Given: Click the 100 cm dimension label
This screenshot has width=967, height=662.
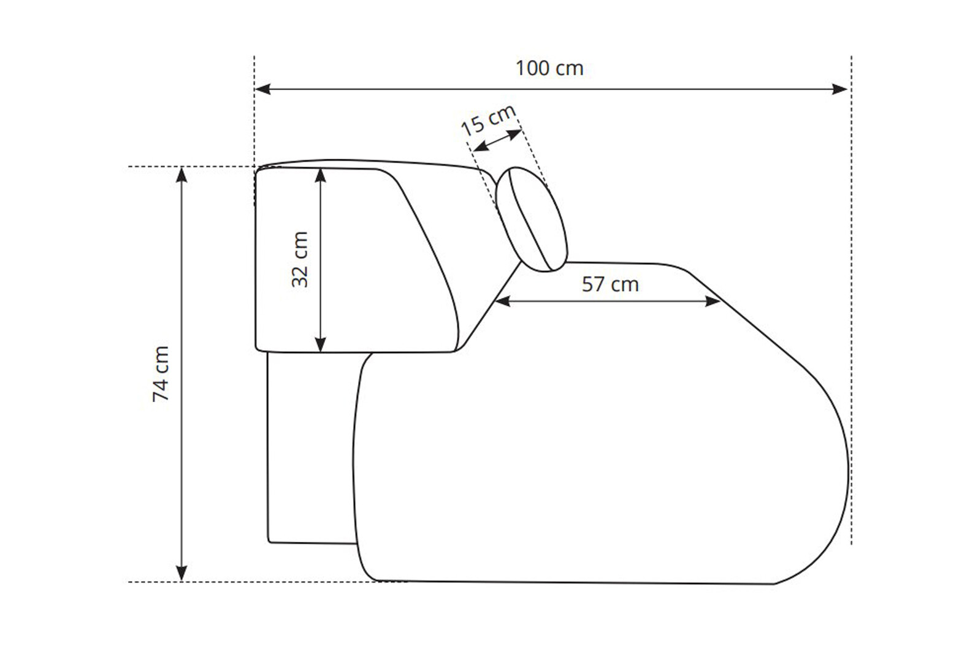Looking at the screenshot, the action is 549,68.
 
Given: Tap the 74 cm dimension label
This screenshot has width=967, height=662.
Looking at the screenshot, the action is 161,374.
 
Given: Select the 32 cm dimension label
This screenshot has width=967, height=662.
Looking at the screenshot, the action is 300,259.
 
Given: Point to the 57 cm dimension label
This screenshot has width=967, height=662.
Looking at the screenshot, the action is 610,284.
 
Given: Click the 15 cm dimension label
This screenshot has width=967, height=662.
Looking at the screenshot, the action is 488,120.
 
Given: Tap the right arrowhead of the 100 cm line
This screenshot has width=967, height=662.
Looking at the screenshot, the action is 839,89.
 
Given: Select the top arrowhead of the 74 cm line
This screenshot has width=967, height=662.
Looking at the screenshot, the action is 182,175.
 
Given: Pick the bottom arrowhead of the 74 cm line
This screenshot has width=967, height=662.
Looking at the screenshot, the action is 182,573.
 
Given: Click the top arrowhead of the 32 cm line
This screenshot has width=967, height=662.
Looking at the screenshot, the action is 320,176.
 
